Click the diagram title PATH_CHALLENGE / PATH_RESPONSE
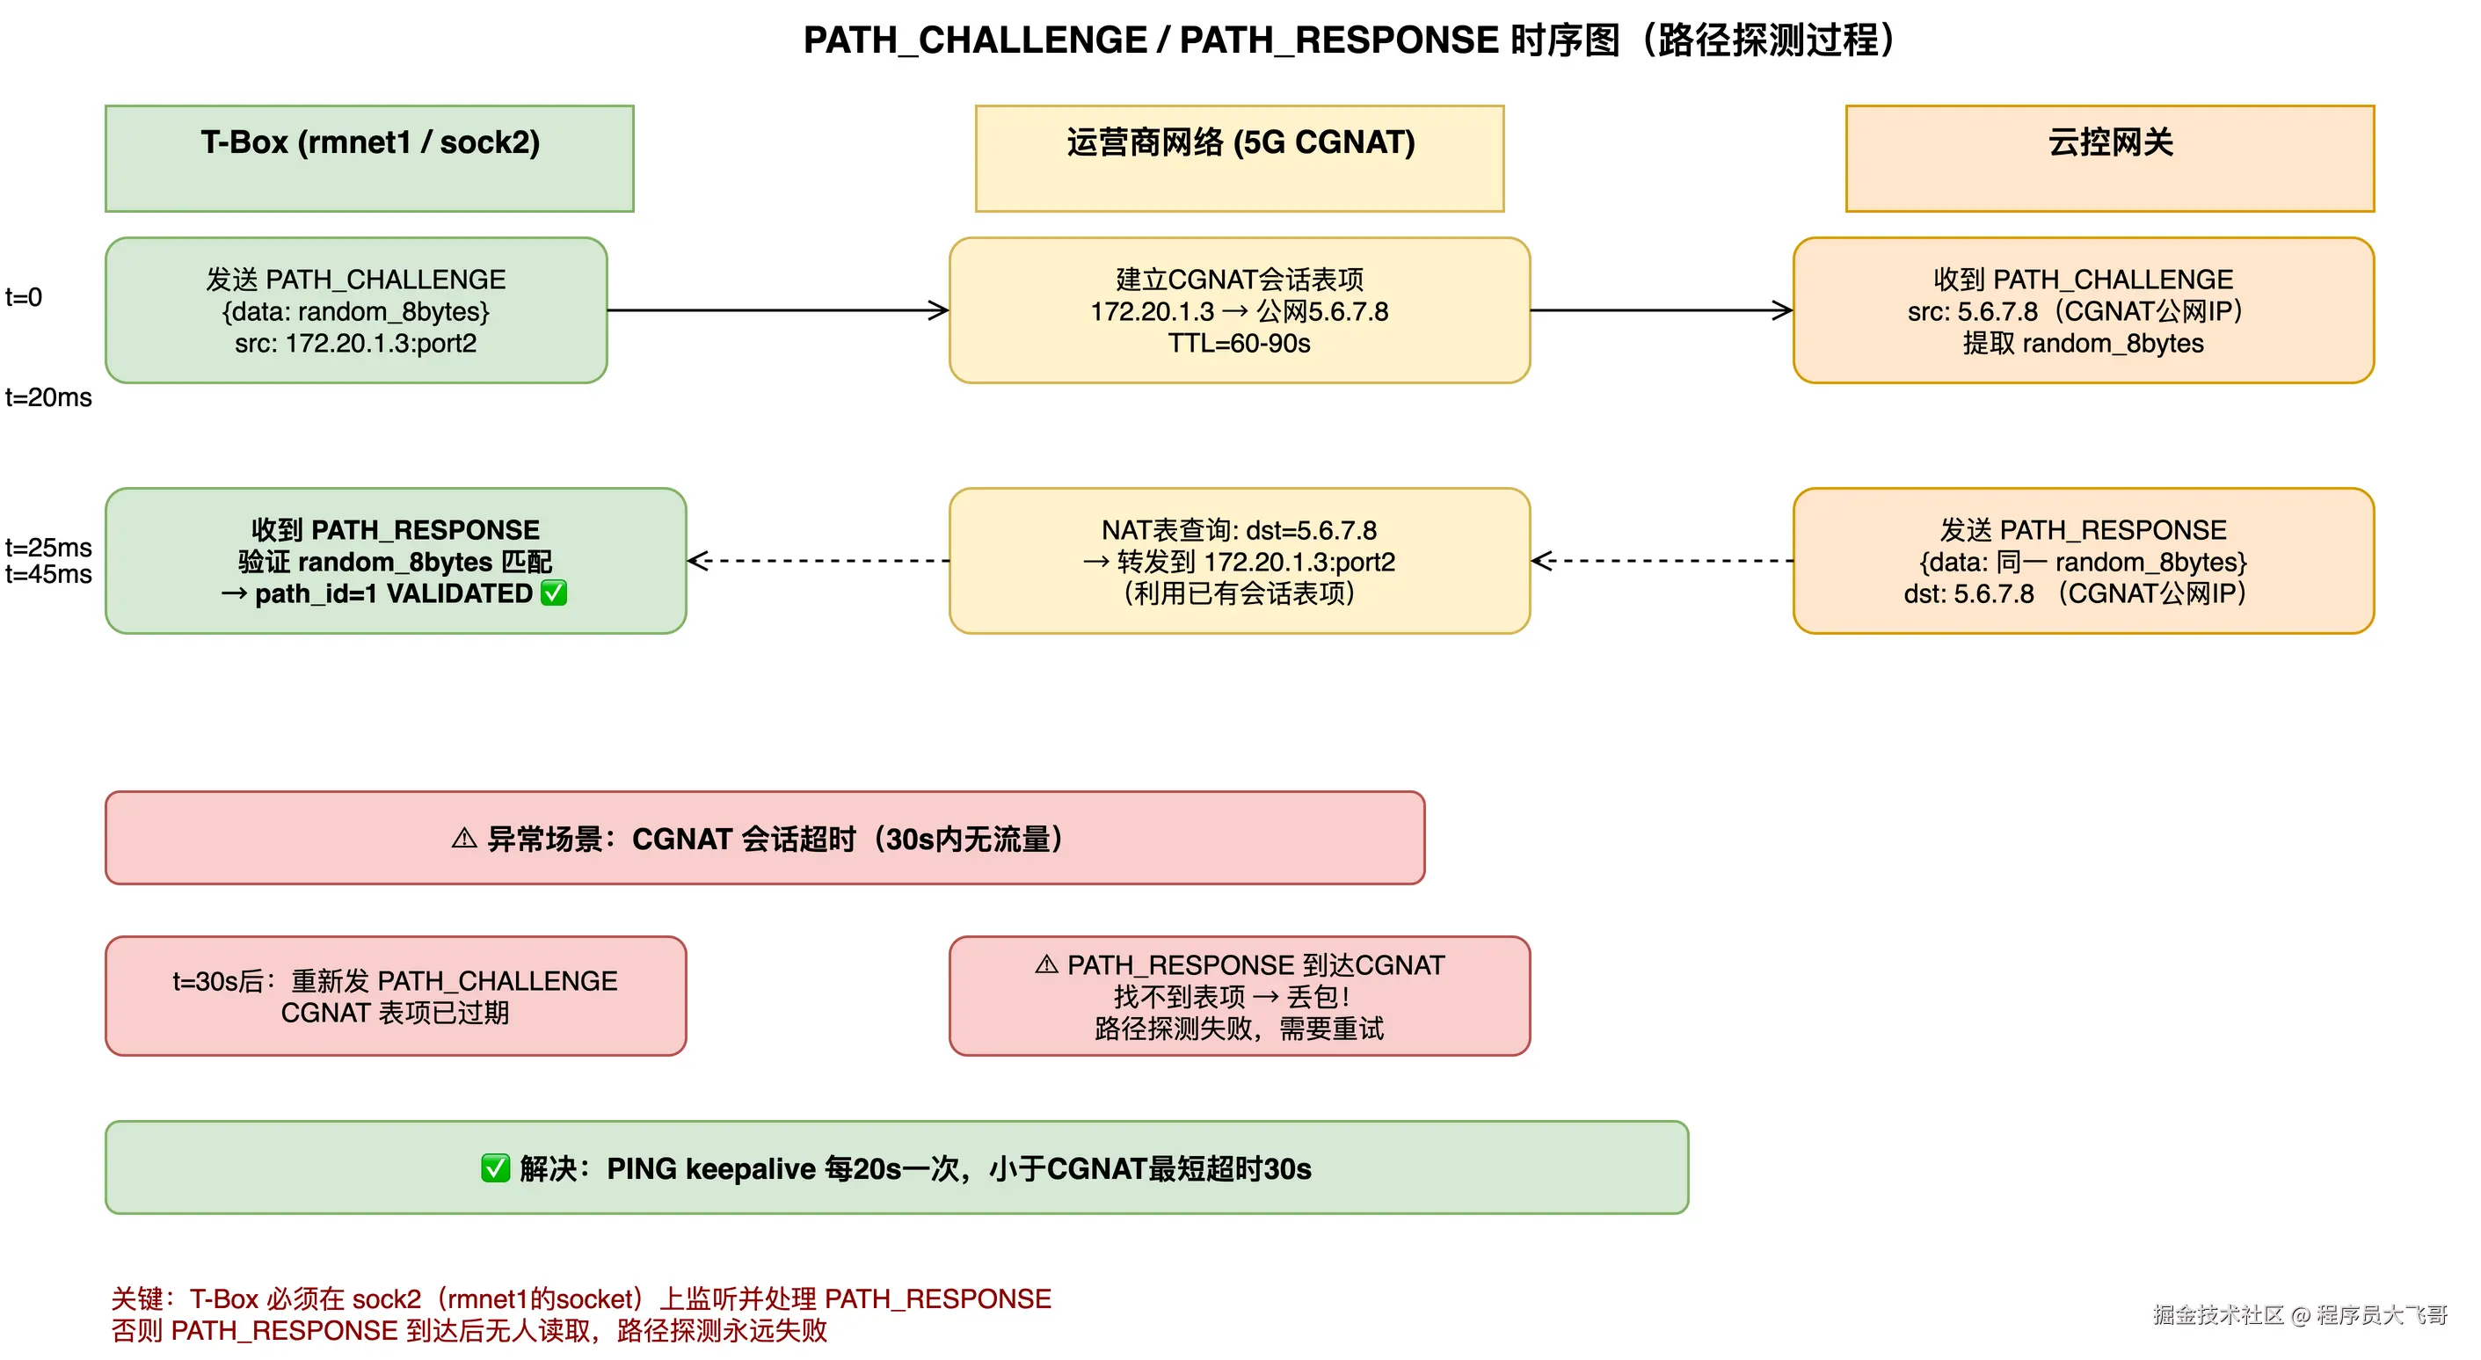(1349, 40)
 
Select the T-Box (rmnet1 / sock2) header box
(370, 158)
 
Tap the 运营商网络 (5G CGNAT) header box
(1240, 158)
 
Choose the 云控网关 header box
(2109, 158)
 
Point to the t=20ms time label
(48, 397)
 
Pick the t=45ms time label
(48, 575)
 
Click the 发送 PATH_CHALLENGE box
(356, 310)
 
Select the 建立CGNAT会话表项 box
(1240, 310)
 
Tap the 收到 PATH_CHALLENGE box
(2084, 310)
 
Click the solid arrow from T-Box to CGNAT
(778, 310)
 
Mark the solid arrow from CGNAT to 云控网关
(1662, 310)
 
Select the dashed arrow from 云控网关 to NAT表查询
(1662, 561)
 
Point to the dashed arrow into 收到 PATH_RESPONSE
(818, 561)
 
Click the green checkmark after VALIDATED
(554, 593)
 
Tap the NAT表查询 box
(1240, 561)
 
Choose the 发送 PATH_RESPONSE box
(2084, 561)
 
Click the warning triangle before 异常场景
(464, 839)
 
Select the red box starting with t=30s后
(396, 996)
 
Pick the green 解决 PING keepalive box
(897, 1167)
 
